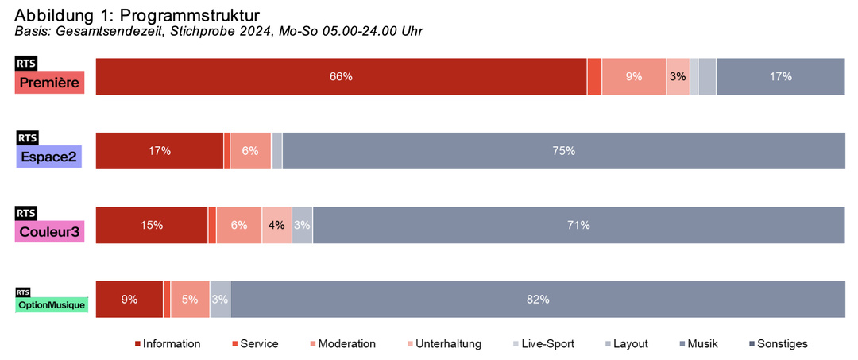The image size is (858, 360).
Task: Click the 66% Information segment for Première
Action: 341,77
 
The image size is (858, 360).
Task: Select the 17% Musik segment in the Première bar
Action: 780,77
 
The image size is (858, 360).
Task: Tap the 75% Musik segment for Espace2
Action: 563,151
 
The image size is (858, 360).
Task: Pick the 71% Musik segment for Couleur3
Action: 578,225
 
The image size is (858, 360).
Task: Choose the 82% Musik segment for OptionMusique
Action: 537,300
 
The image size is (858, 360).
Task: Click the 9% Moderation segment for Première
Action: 633,77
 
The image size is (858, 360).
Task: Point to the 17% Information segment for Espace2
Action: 159,151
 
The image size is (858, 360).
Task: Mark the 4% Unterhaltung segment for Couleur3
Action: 276,225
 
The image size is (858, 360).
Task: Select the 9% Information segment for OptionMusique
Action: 129,300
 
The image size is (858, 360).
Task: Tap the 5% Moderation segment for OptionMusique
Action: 190,300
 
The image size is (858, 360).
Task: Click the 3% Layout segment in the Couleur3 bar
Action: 302,225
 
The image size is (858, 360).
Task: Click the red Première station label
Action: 49,83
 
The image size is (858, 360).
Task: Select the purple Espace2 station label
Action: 49,157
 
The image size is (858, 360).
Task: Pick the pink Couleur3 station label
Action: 49,231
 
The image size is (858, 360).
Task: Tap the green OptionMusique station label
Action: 52,304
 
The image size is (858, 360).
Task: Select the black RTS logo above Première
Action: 26,64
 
